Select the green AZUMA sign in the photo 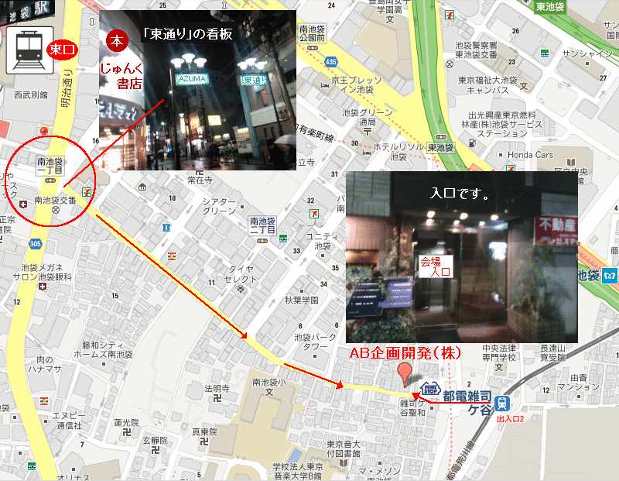pyautogui.click(x=192, y=79)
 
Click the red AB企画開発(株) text pyautogui.click(x=406, y=353)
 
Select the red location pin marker pyautogui.click(x=402, y=373)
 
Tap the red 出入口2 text pyautogui.click(x=511, y=419)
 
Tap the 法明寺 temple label pyautogui.click(x=217, y=387)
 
